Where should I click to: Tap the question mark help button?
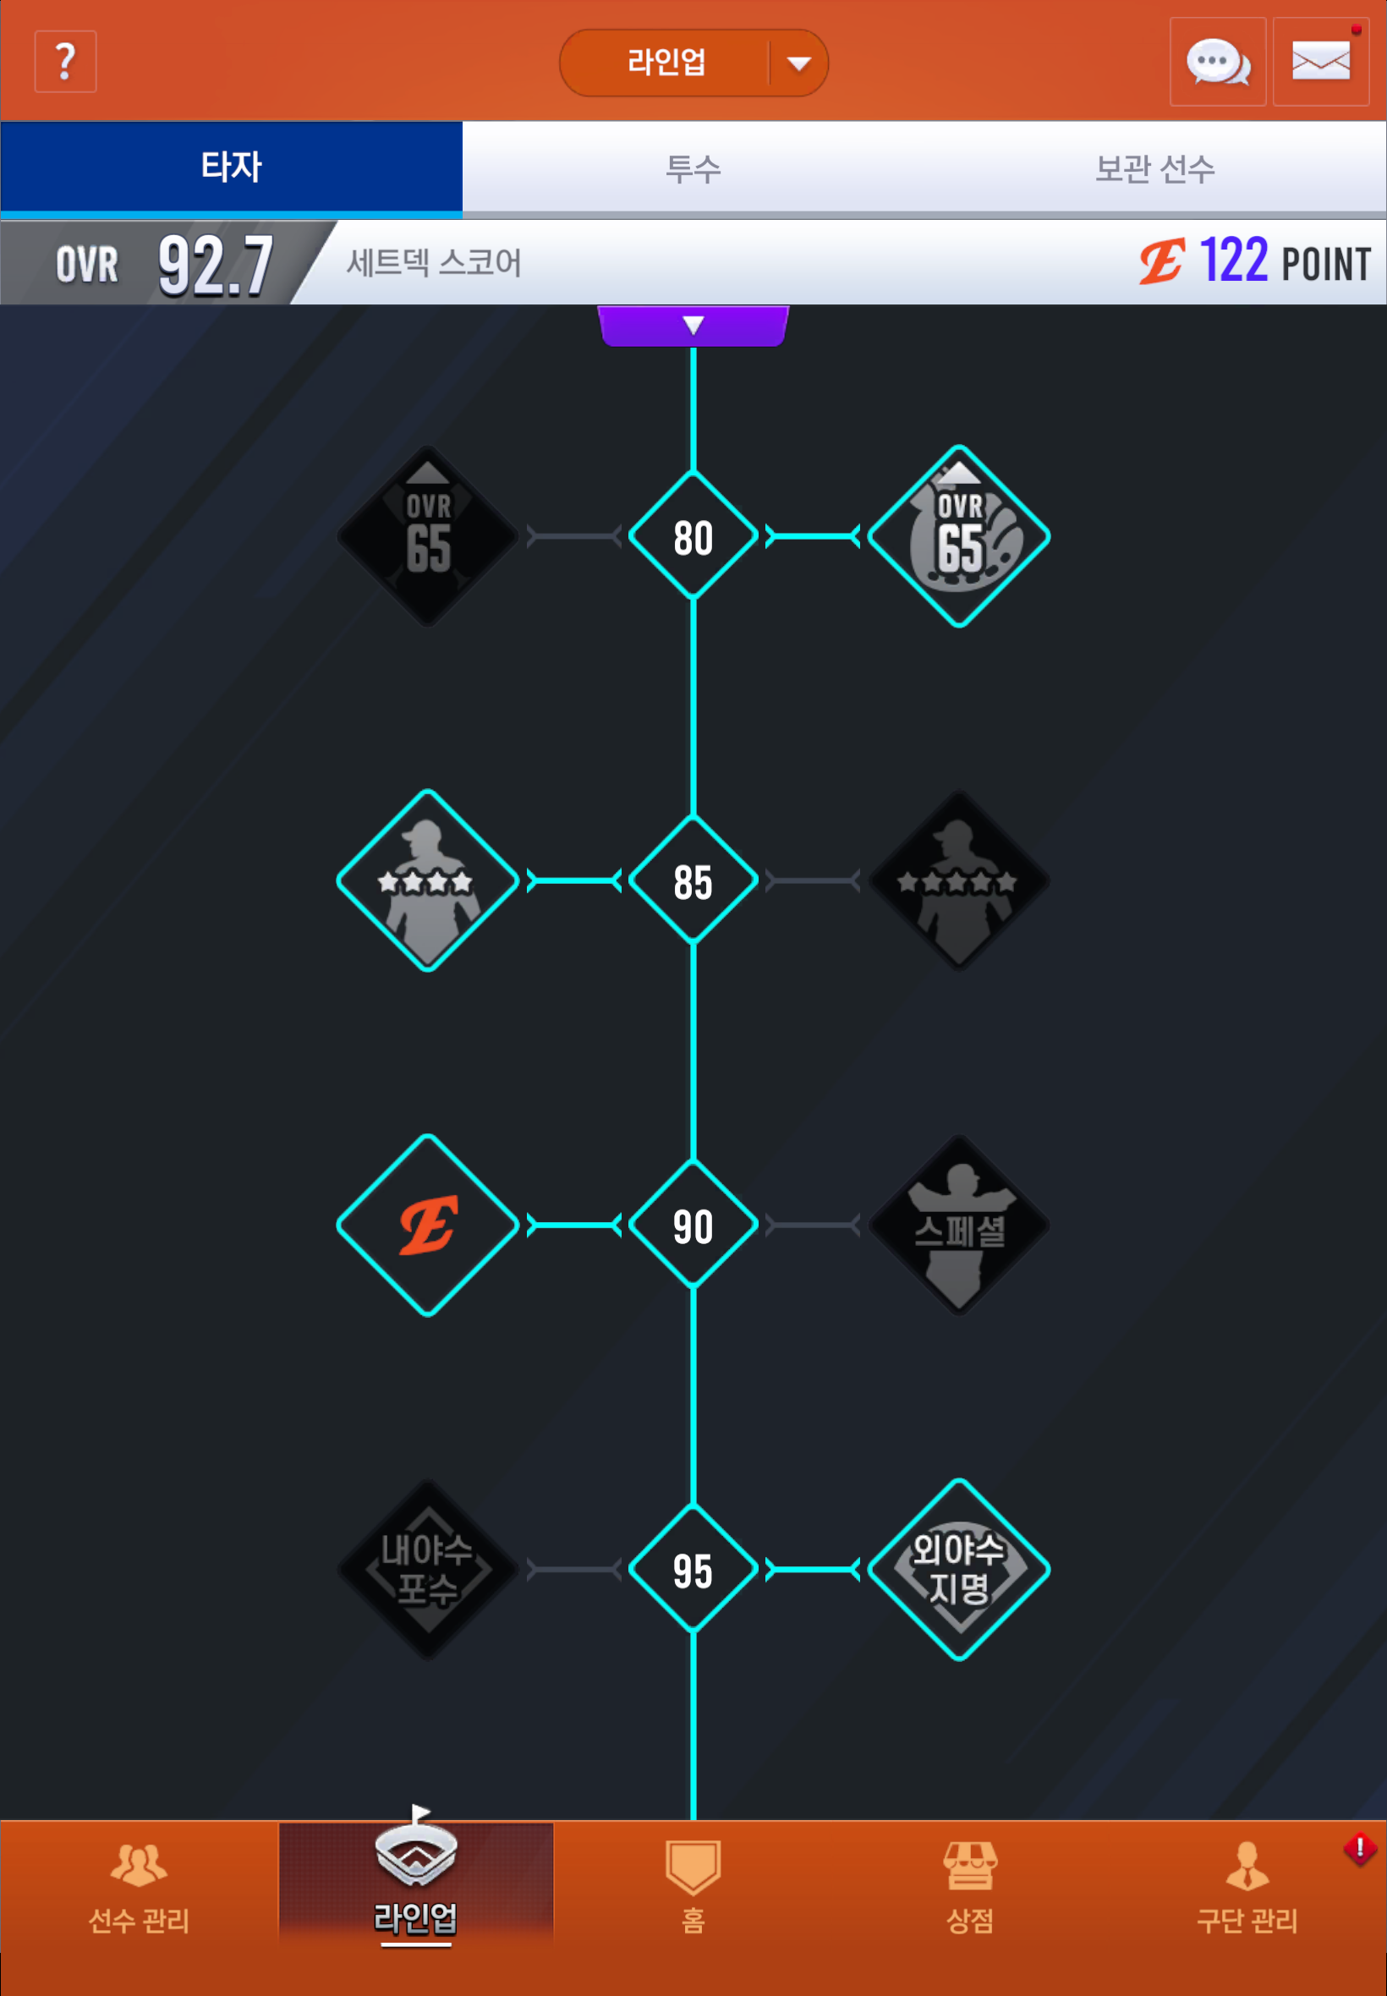(x=65, y=62)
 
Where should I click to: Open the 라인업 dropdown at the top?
(x=693, y=63)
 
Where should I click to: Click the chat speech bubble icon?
(x=1218, y=62)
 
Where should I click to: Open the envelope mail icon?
(x=1320, y=62)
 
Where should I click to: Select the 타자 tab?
(x=231, y=167)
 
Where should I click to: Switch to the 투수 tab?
(x=693, y=167)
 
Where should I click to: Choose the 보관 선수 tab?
(x=1155, y=167)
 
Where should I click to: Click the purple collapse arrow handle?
(x=693, y=326)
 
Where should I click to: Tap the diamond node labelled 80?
(x=693, y=536)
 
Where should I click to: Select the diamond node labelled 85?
(x=693, y=880)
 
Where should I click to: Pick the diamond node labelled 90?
(x=693, y=1225)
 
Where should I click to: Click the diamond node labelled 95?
(x=693, y=1570)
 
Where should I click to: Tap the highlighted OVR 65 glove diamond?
(x=958, y=536)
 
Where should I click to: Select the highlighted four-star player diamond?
(x=428, y=880)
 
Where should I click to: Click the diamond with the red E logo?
(x=428, y=1225)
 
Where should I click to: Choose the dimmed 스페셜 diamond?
(x=958, y=1225)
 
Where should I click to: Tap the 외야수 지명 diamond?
(x=958, y=1570)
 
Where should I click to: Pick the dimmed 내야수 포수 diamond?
(x=428, y=1570)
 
